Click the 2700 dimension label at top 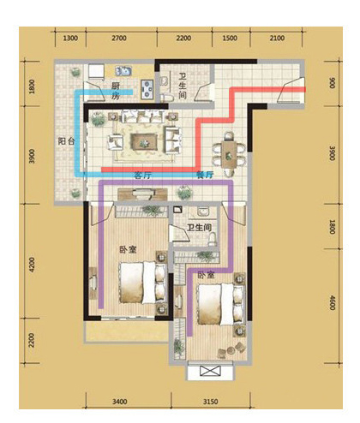coord(119,39)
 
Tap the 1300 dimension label coord(70,39)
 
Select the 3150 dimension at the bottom coord(211,402)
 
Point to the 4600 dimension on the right coord(332,302)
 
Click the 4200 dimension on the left coord(32,265)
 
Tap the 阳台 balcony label coord(66,141)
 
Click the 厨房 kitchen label coord(116,91)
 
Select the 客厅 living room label coord(142,175)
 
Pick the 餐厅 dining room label coord(205,175)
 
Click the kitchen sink coord(123,71)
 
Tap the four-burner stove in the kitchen coord(147,88)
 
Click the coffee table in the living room coord(144,141)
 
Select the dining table coord(229,154)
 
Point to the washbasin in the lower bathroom coord(203,211)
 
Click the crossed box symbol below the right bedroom coord(210,371)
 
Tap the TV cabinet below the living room coord(142,194)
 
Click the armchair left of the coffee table coord(116,142)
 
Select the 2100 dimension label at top coord(277,39)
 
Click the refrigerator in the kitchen coord(96,71)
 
